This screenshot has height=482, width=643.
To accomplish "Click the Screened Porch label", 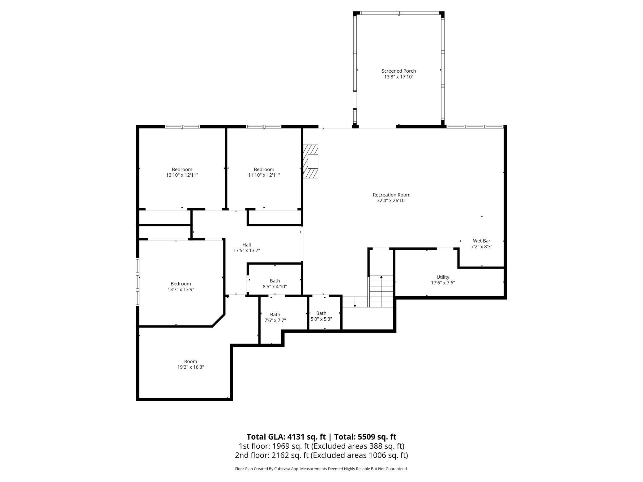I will [x=398, y=71].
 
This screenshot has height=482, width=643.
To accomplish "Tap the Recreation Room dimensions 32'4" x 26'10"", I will [x=391, y=201].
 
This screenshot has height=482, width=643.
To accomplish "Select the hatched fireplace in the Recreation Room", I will [x=311, y=161].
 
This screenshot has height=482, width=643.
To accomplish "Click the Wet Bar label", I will [x=481, y=241].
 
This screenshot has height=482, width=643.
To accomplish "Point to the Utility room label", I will [x=443, y=277].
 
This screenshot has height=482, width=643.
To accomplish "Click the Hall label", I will [x=246, y=245].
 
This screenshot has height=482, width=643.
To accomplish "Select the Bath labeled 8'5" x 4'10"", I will [x=275, y=284].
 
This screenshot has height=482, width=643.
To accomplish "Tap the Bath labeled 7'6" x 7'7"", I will [x=275, y=318].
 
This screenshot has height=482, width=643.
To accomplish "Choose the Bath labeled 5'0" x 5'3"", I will [x=321, y=316].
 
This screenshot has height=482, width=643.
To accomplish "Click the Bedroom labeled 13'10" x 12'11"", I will [x=182, y=172].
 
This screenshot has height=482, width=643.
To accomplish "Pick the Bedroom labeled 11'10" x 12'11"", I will [x=264, y=172].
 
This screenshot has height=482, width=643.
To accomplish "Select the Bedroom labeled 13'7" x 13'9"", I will [x=181, y=286].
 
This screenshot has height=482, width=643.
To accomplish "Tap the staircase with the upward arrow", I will [x=381, y=291].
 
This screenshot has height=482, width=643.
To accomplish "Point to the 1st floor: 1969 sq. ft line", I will [x=321, y=446].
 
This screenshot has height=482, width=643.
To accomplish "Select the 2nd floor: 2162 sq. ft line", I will [x=321, y=455].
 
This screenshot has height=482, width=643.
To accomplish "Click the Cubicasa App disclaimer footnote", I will [x=321, y=469].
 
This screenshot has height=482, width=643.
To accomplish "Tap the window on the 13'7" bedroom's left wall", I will [x=138, y=282].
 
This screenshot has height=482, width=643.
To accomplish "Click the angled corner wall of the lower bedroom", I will [x=218, y=320].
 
